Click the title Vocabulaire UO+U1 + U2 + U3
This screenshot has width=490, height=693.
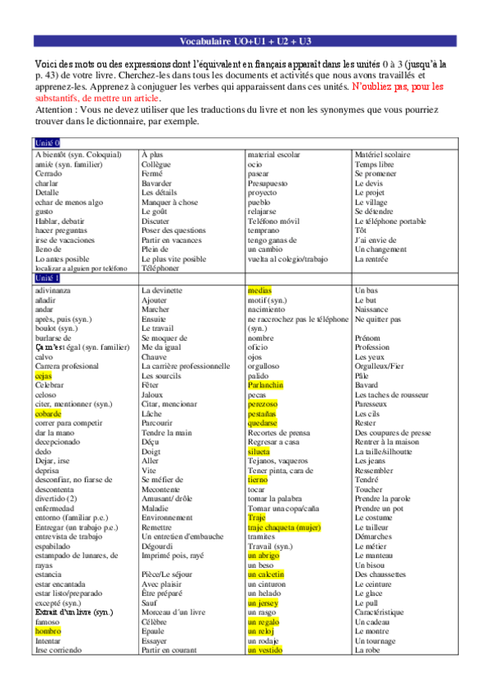pyautogui.click(x=245, y=42)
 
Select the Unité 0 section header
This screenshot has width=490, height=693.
pyautogui.click(x=47, y=143)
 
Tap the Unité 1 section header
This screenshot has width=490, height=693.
pyautogui.click(x=47, y=279)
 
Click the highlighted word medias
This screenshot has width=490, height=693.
pyautogui.click(x=259, y=290)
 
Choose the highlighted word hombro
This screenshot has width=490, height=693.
pyautogui.click(x=48, y=632)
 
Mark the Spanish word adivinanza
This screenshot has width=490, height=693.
pyautogui.click(x=53, y=290)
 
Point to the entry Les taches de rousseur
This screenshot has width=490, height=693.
pyautogui.click(x=393, y=395)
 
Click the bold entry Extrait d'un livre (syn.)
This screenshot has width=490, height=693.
pyautogui.click(x=74, y=612)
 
